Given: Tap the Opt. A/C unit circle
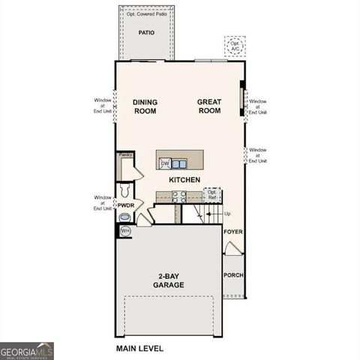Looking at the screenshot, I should click(236, 46).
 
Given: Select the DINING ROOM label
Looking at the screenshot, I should click(145, 106).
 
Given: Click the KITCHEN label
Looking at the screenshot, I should click(184, 181).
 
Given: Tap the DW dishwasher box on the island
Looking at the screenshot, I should click(164, 163).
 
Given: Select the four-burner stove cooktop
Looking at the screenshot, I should click(180, 197).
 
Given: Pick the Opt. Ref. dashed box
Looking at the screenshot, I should click(213, 195).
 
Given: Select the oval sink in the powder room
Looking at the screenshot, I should click(124, 218).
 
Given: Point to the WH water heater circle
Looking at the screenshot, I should click(125, 231).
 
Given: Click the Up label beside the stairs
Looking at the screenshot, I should click(227, 214).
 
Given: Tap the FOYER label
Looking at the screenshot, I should click(233, 232).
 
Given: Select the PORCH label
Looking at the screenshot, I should click(233, 275).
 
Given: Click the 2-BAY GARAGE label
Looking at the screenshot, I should click(169, 281).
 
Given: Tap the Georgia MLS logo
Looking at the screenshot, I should click(27, 350).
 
